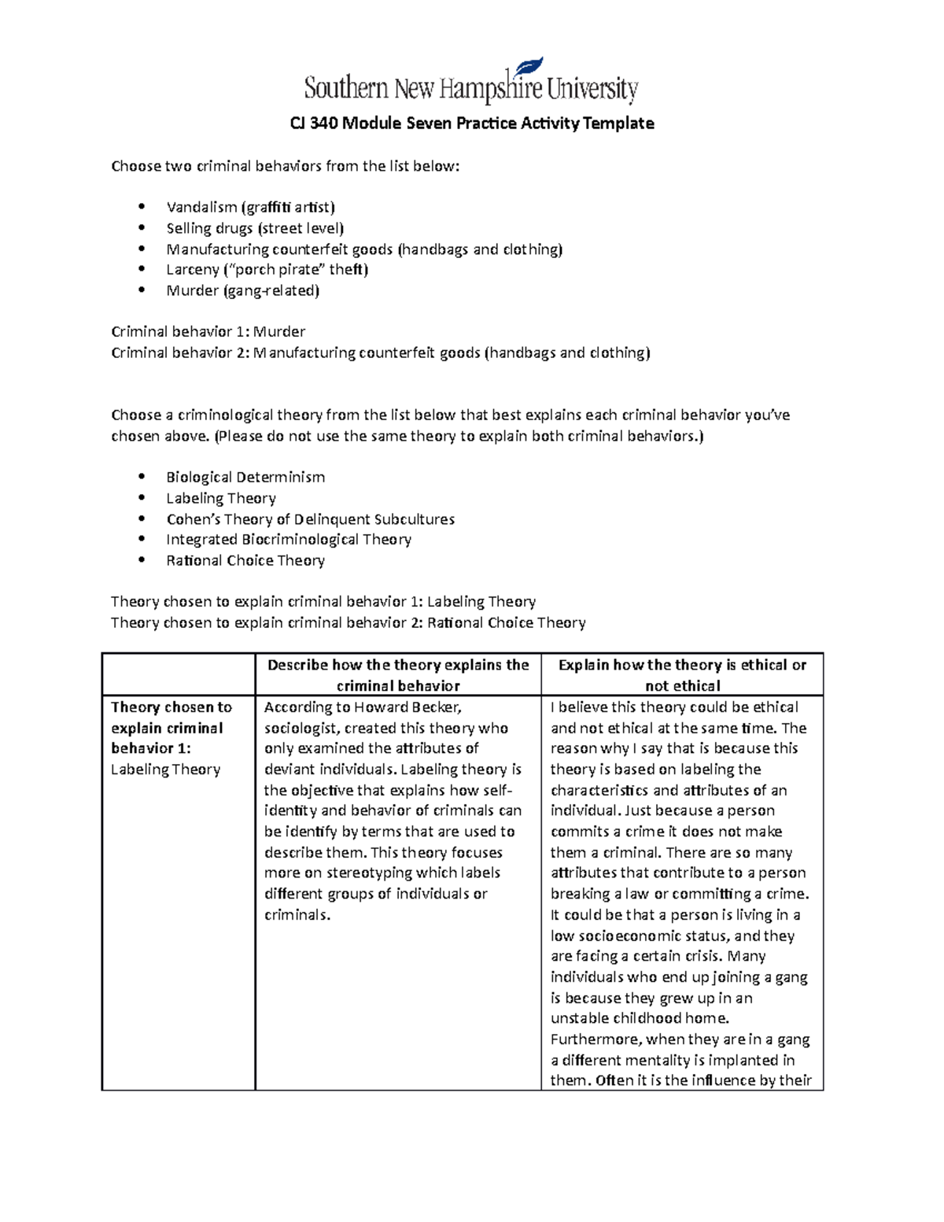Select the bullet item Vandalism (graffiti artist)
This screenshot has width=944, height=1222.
tap(250, 208)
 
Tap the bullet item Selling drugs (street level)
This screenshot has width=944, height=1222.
tap(255, 228)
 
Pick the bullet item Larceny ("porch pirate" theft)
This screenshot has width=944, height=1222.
tap(267, 270)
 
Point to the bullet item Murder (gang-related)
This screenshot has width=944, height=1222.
tap(242, 290)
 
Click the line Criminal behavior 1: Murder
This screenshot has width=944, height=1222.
tap(208, 332)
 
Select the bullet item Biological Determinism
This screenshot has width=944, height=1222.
tap(245, 478)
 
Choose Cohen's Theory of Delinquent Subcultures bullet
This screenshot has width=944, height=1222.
tap(310, 519)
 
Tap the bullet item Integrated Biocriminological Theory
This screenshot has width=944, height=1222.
tap(288, 540)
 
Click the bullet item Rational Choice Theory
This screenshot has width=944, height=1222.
tap(245, 561)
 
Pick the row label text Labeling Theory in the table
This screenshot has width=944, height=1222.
tap(165, 770)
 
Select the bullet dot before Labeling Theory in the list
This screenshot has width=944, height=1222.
tap(142, 498)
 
